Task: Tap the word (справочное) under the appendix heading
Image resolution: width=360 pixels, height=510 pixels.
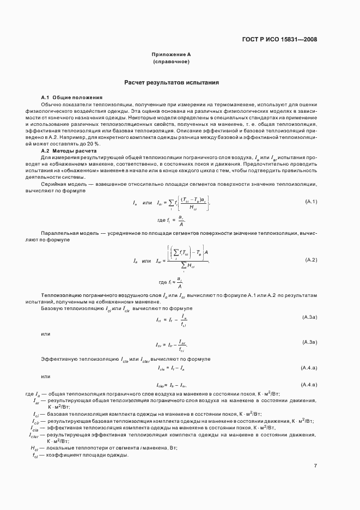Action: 171,62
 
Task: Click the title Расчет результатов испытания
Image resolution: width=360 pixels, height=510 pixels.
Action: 172,83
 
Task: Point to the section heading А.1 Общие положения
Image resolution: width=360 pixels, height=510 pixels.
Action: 68,97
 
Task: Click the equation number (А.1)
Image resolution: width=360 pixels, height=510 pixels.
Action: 310,202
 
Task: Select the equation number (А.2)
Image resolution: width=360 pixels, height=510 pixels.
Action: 310,259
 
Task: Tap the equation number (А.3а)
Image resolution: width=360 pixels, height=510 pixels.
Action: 309,317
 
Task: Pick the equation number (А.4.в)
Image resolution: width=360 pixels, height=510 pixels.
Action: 309,384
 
